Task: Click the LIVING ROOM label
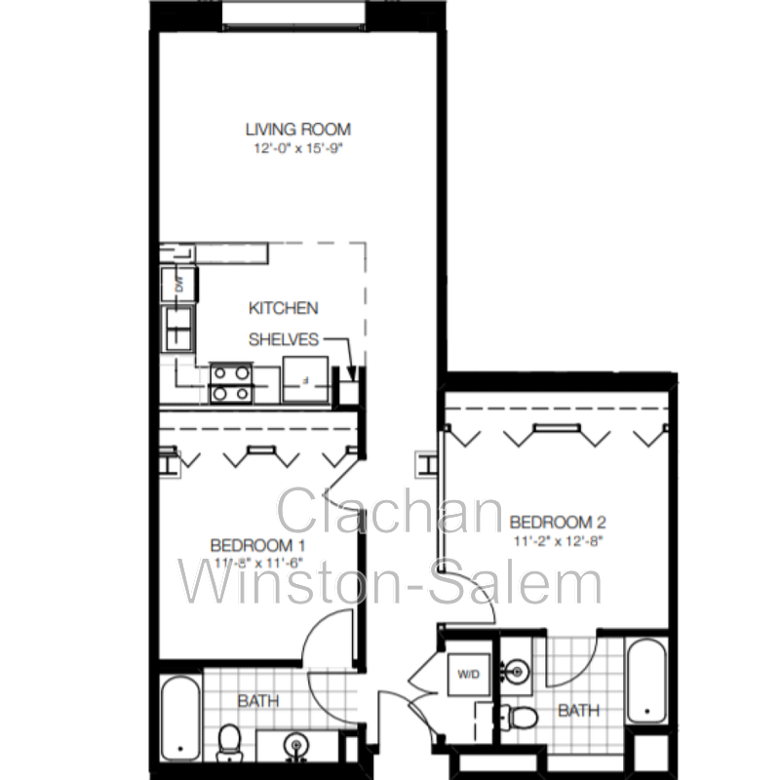point(297,129)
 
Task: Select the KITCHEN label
point(283,308)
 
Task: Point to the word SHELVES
point(284,339)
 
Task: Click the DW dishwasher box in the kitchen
point(180,286)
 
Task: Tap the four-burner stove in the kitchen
point(232,382)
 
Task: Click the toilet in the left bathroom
point(231,743)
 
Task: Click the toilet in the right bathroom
point(518,720)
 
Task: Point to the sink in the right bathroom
point(516,671)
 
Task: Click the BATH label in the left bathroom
point(258,700)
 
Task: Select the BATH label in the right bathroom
point(578,712)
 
